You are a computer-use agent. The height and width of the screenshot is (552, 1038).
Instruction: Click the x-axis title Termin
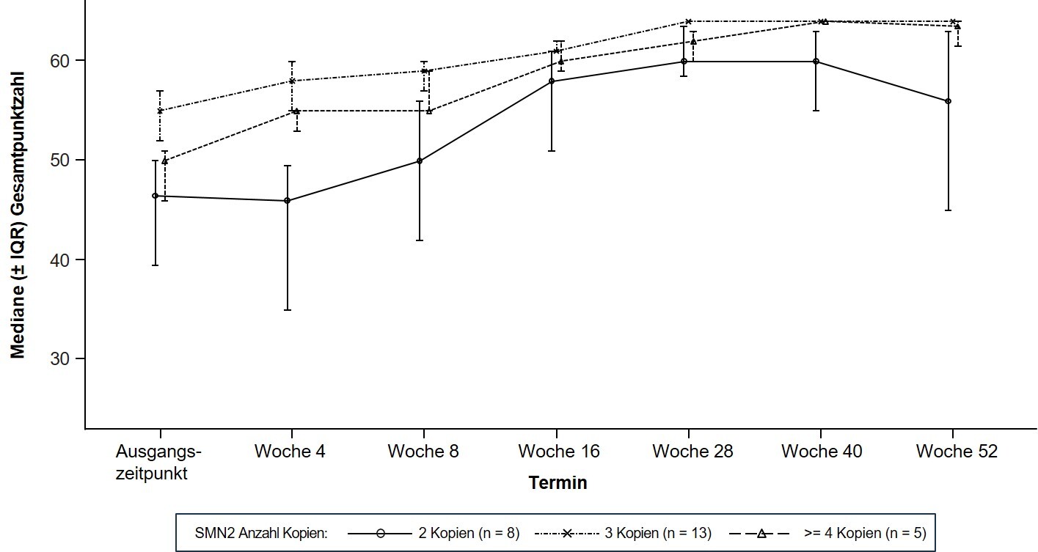pos(558,483)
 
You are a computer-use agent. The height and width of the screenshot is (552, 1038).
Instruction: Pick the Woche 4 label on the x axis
pos(290,452)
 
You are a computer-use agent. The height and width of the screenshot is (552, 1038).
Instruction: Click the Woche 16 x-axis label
pos(558,452)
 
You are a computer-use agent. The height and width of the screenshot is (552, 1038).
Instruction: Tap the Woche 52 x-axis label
pos(957,452)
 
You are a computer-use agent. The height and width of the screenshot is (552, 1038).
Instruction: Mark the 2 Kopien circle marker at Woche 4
pos(288,200)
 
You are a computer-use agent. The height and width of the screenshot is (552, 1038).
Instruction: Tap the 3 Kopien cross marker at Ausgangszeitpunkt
pos(160,111)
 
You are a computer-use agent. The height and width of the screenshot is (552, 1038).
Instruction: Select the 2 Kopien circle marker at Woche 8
pos(420,161)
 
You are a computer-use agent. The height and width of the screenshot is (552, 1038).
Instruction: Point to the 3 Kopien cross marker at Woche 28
pos(688,21)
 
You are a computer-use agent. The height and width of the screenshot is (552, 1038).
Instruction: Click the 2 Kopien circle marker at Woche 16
pos(552,81)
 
